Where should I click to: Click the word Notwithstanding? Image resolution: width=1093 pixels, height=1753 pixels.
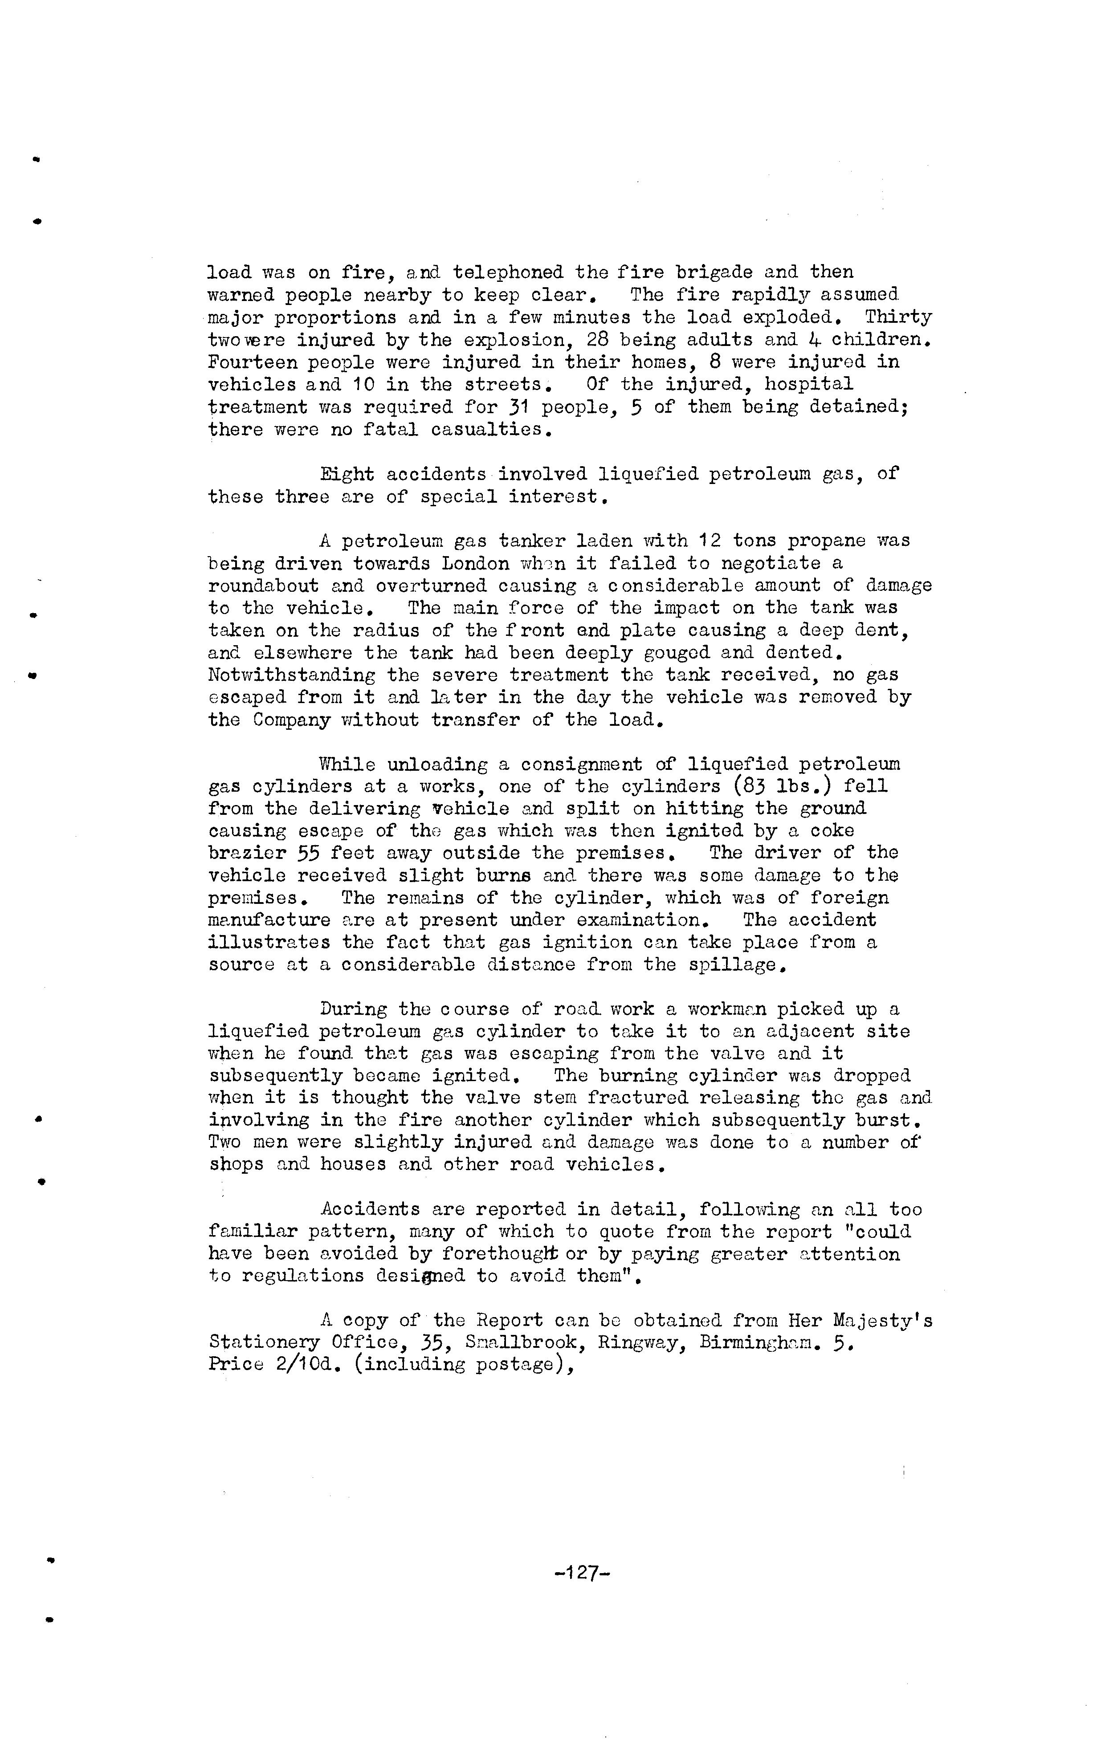291,675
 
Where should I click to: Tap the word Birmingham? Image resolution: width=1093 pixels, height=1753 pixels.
760,1342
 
